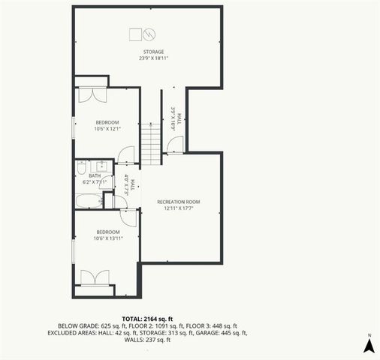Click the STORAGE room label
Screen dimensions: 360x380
click(153, 52)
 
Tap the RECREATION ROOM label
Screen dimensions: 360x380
click(178, 202)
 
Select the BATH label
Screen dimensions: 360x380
click(95, 175)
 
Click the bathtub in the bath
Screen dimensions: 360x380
click(89, 200)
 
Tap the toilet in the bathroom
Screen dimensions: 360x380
click(81, 167)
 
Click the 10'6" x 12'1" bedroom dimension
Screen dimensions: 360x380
click(107, 128)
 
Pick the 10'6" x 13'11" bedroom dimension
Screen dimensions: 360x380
click(107, 238)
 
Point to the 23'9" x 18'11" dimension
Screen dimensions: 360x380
click(153, 58)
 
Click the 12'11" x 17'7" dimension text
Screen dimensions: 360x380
click(178, 208)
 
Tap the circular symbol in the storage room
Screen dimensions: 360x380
click(149, 34)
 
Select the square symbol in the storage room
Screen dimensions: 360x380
click(136, 34)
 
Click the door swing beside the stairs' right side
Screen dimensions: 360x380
click(176, 145)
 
